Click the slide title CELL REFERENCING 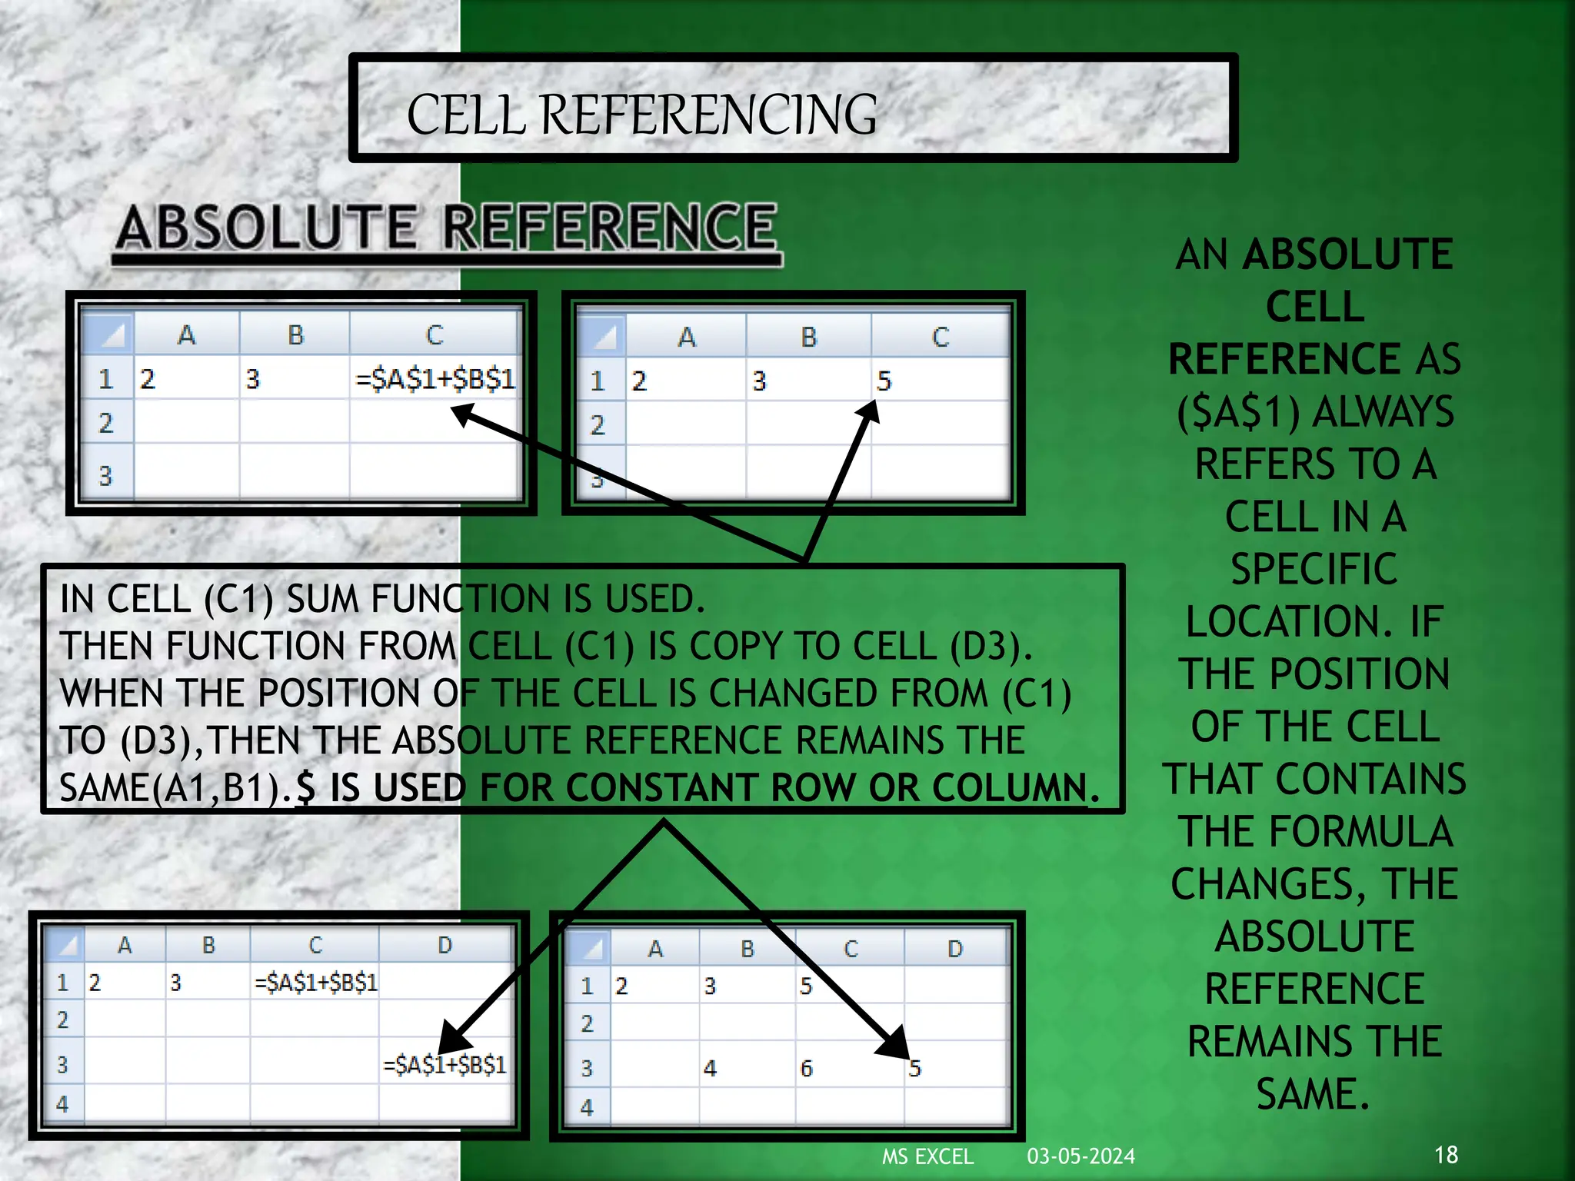[x=641, y=115]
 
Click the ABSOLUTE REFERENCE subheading [x=447, y=228]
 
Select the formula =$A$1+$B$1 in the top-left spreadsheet [x=435, y=379]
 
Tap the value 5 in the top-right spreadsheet [x=884, y=381]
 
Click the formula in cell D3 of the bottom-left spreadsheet [x=445, y=1065]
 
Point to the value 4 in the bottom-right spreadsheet [x=710, y=1068]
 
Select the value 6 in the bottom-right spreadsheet [x=806, y=1068]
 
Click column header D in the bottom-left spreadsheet [x=445, y=945]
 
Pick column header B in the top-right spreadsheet [x=808, y=337]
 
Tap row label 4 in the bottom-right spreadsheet [x=587, y=1108]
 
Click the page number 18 [x=1446, y=1154]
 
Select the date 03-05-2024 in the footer [x=1081, y=1156]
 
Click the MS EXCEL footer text [x=927, y=1156]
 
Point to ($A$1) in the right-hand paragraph [x=1238, y=412]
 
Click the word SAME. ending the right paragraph [x=1314, y=1094]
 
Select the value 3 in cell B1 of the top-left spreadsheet [x=253, y=379]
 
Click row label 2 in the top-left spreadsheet [x=106, y=423]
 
